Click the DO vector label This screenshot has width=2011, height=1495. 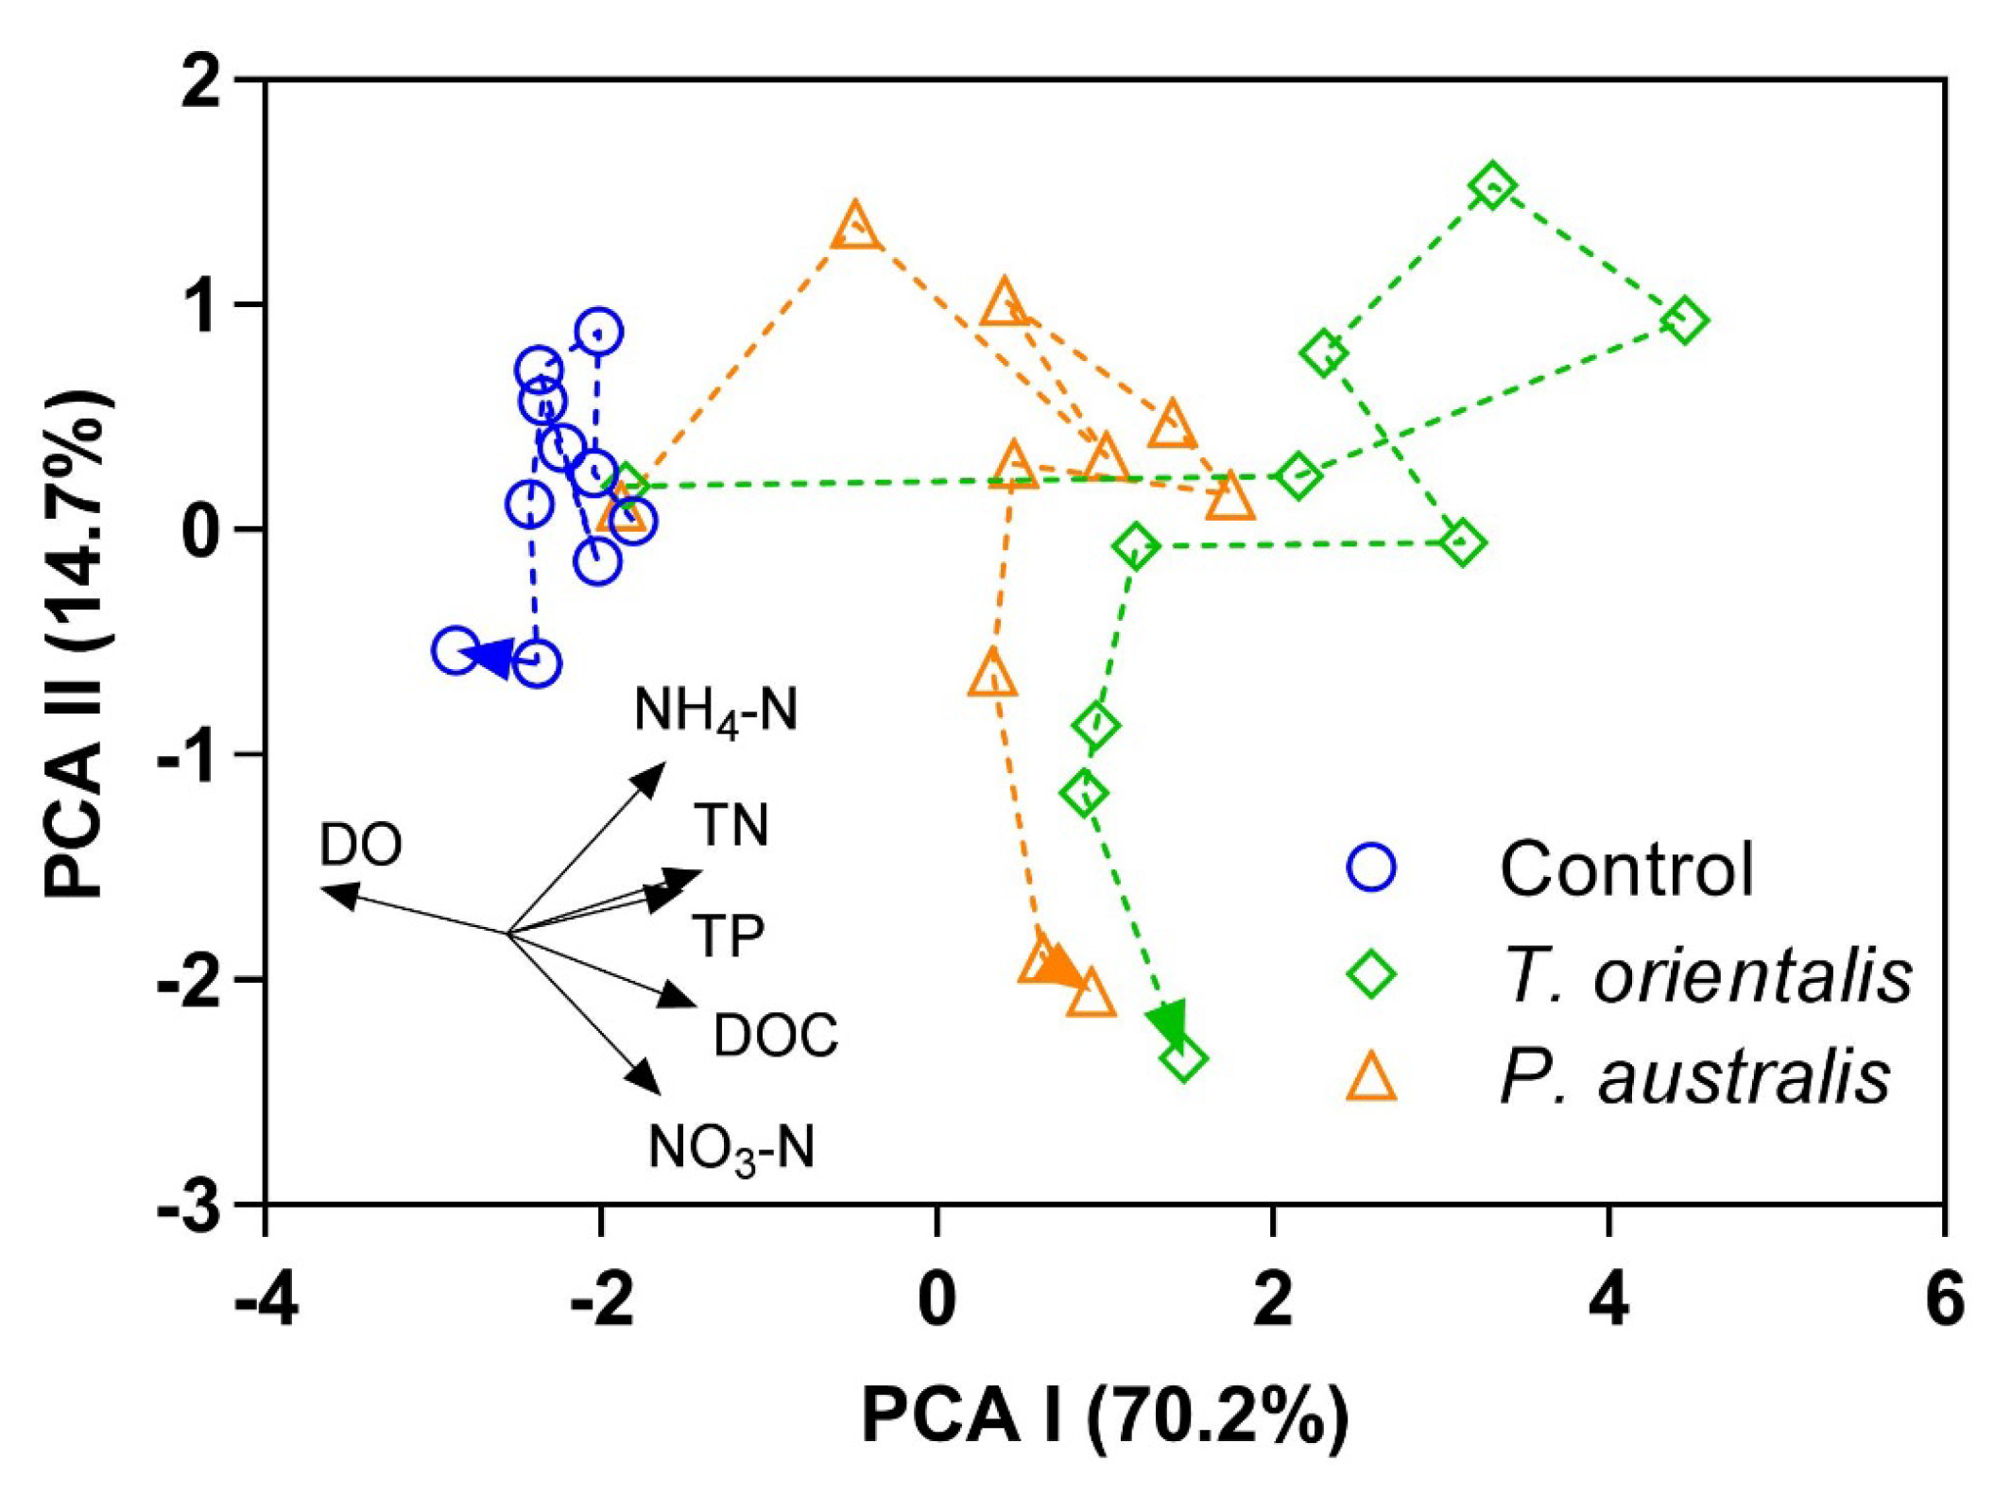pyautogui.click(x=361, y=845)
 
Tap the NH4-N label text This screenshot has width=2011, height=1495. pyautogui.click(x=715, y=711)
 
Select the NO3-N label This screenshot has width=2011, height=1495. pyautogui.click(x=730, y=1149)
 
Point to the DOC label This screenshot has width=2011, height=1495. pyautogui.click(x=776, y=1035)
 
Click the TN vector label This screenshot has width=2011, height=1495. pyautogui.click(x=731, y=825)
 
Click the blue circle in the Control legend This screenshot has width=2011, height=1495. pyautogui.click(x=1371, y=868)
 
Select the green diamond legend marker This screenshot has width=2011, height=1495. pyautogui.click(x=1371, y=973)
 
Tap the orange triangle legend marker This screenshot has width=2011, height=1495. pyautogui.click(x=1371, y=1078)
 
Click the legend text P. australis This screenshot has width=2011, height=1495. pyautogui.click(x=1695, y=1076)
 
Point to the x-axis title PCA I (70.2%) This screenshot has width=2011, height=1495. pyautogui.click(x=1105, y=1416)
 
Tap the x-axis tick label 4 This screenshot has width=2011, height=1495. pyautogui.click(x=1608, y=1299)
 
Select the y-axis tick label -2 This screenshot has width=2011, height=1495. pyautogui.click(x=194, y=981)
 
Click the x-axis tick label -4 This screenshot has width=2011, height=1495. pyautogui.click(x=266, y=1299)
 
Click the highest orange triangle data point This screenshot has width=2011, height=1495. pyautogui.click(x=855, y=227)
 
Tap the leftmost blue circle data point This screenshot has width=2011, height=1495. pyautogui.click(x=455, y=650)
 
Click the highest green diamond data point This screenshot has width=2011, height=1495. pyautogui.click(x=1492, y=186)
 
